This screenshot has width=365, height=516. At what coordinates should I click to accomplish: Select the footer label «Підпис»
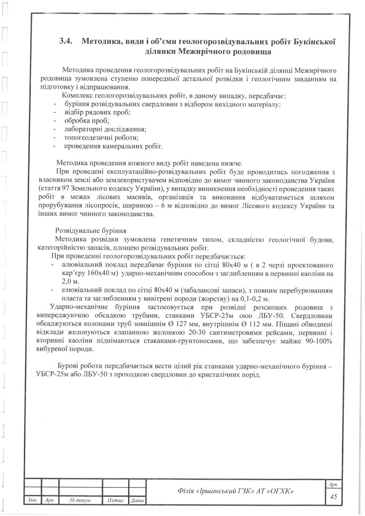pos(116,501)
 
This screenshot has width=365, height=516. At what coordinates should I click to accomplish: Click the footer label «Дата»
pos(137,501)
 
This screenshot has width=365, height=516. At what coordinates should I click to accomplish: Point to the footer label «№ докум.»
pos(80,501)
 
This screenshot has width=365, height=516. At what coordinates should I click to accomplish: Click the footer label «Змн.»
pos(32,501)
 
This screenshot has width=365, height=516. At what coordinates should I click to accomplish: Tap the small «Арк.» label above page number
pos(333,484)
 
